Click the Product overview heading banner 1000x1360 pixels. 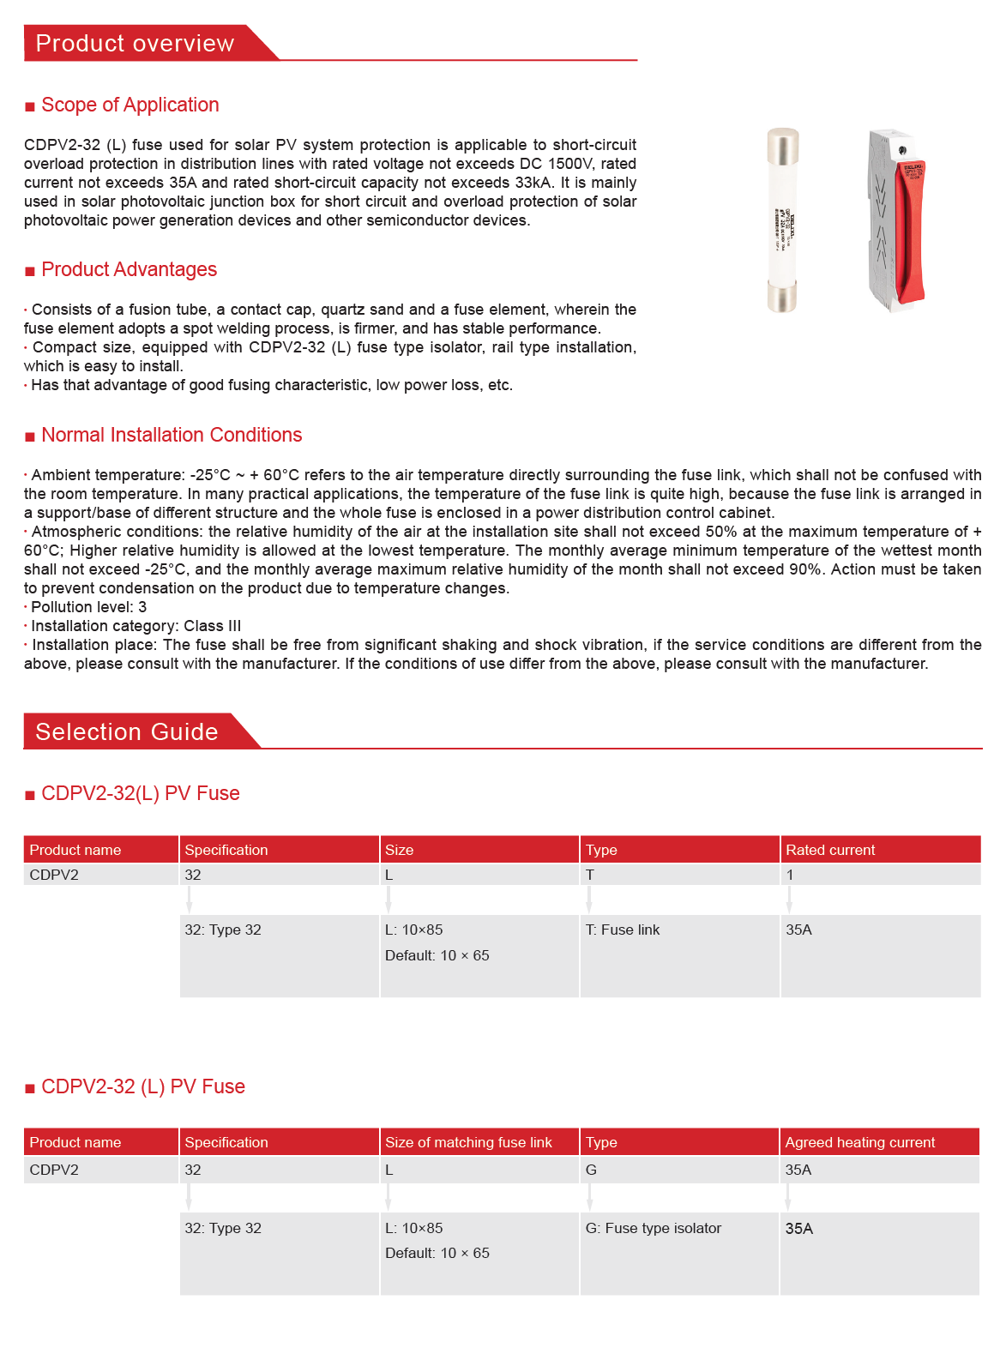pyautogui.click(x=135, y=43)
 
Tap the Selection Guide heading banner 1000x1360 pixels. pyautogui.click(x=127, y=731)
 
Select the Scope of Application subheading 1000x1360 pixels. pyautogui.click(x=130, y=105)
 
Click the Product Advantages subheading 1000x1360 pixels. pyautogui.click(x=129, y=269)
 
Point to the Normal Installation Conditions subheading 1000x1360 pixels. pyautogui.click(x=172, y=435)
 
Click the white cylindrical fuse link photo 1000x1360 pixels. pyautogui.click(x=782, y=221)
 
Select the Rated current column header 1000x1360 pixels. pyautogui.click(x=830, y=850)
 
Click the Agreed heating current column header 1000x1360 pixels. pyautogui.click(x=859, y=1142)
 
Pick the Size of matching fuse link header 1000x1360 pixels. pyautogui.click(x=468, y=1142)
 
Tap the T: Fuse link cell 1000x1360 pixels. pyautogui.click(x=623, y=930)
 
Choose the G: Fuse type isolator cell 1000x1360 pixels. pyautogui.click(x=654, y=1228)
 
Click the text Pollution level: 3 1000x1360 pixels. pyautogui.click(x=89, y=607)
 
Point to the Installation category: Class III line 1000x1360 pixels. pyautogui.click(x=136, y=626)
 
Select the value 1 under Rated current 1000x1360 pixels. pyautogui.click(x=790, y=875)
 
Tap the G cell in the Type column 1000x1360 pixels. pyautogui.click(x=591, y=1170)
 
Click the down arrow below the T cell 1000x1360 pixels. pyautogui.click(x=589, y=900)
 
